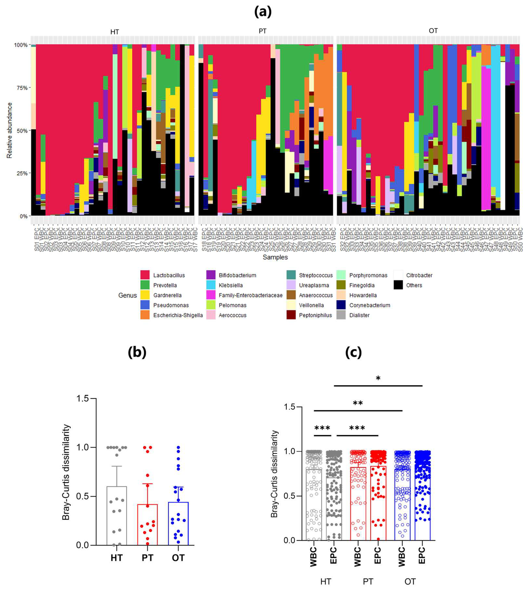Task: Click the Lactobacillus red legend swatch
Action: point(145,275)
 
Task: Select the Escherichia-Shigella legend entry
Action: point(178,315)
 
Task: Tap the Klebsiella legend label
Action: point(231,285)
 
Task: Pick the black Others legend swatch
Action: point(398,285)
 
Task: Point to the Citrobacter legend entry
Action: point(419,275)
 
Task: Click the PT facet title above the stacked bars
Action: point(262,31)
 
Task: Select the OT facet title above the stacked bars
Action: point(433,31)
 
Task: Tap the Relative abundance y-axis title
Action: point(10,130)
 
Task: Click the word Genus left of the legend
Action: point(127,295)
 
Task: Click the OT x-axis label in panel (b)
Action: point(178,558)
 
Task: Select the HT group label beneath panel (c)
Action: point(325,582)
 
